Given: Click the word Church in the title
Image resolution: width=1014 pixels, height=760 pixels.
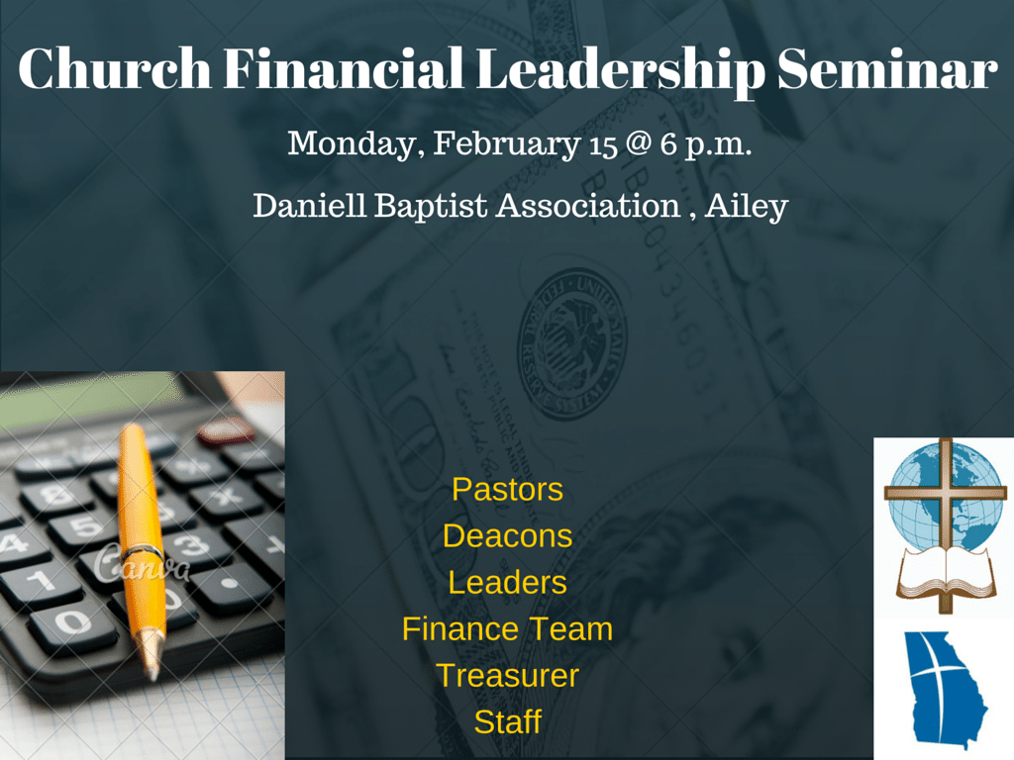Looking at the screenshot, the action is (115, 68).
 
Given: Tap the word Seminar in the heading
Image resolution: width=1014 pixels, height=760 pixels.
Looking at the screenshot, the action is (886, 68).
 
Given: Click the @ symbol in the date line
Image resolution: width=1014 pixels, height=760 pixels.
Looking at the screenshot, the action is (639, 142).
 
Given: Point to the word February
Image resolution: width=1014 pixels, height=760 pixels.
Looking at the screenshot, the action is (506, 144).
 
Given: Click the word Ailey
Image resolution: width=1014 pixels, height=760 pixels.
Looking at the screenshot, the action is (747, 207).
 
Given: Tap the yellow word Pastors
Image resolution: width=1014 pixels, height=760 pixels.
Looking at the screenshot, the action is (507, 489).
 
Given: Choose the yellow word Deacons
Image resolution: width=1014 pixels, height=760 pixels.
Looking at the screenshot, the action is (507, 535).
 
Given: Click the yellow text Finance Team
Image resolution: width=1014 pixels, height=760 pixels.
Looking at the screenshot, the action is (507, 628).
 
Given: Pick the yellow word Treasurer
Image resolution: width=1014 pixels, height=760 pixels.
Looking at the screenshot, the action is (507, 675).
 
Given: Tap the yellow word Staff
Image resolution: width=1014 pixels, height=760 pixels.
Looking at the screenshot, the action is (507, 721).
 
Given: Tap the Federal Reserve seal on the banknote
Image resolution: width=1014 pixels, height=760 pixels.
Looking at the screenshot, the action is (571, 343).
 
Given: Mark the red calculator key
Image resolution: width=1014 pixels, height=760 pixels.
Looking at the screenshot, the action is (226, 430).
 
